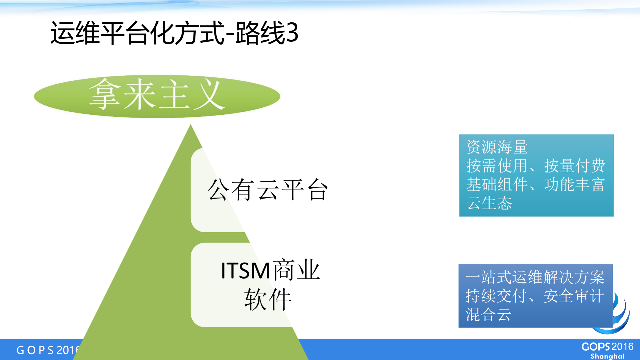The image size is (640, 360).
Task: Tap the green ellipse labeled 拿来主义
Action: [x=157, y=96]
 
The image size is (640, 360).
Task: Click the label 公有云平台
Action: [x=267, y=190]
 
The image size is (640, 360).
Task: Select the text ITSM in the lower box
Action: [x=245, y=270]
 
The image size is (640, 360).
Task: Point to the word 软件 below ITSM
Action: [x=268, y=299]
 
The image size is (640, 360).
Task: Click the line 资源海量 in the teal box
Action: [x=497, y=147]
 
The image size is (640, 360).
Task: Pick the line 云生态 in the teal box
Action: [x=489, y=203]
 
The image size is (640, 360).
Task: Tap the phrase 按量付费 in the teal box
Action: [x=574, y=166]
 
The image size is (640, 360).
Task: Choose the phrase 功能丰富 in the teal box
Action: [x=574, y=185]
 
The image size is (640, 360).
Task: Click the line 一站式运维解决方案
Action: [x=535, y=277]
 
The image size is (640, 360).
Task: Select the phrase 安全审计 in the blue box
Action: [x=574, y=296]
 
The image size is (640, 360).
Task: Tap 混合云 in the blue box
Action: [x=488, y=314]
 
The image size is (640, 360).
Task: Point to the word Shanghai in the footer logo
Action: [x=607, y=356]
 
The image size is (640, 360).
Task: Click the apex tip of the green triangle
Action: [x=190, y=126]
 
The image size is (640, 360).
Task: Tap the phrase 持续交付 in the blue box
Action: [x=496, y=296]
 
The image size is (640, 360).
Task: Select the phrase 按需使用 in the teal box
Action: [x=496, y=166]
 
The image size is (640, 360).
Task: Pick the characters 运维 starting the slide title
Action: [x=75, y=33]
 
